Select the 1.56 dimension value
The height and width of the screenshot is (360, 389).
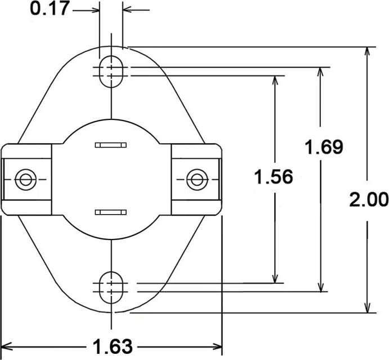(273, 177)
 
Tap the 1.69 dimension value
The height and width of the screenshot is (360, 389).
(323, 147)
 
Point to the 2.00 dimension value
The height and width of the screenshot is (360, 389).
(369, 199)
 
